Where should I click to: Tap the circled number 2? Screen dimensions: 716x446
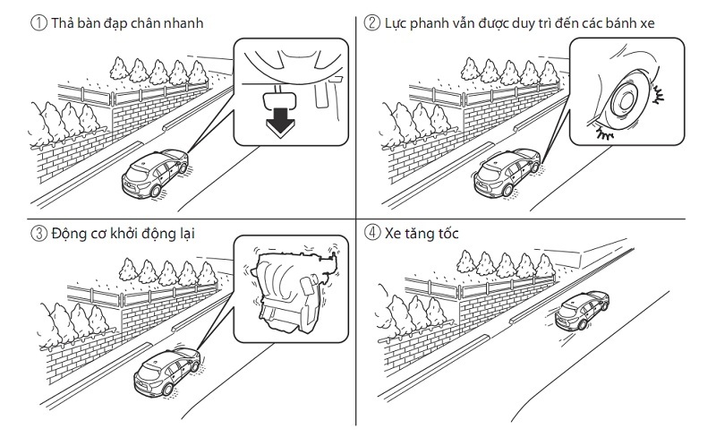[x=372, y=23]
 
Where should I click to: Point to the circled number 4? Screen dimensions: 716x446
[x=372, y=235]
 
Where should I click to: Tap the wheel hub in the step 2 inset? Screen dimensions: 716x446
[x=625, y=106]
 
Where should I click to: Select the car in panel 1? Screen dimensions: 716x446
[x=156, y=173]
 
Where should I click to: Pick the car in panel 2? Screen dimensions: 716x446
[x=507, y=173]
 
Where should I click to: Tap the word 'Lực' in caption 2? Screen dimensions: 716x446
[x=396, y=23]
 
